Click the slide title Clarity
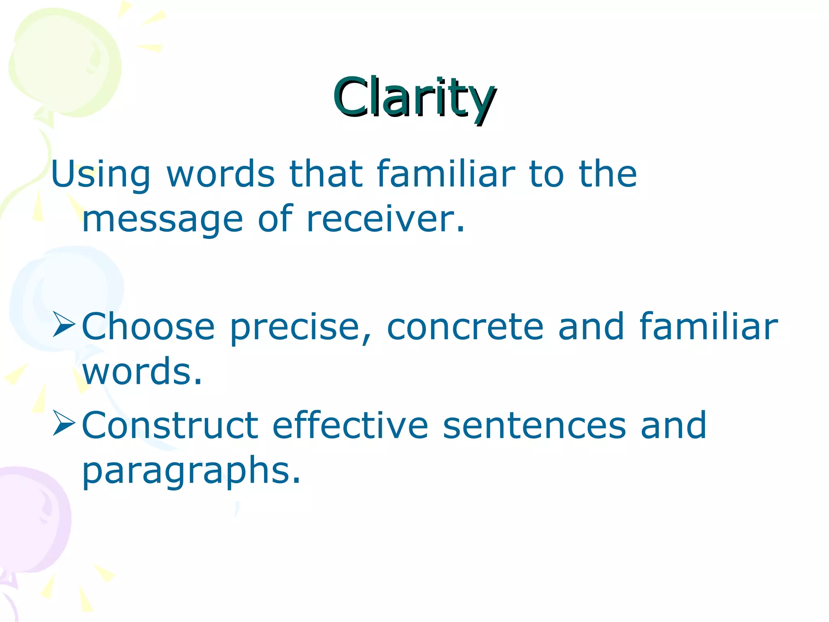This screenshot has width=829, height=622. click(x=414, y=98)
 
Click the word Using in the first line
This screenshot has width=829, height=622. click(x=100, y=175)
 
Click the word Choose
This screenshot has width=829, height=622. click(x=148, y=326)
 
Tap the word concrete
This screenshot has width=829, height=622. click(x=465, y=326)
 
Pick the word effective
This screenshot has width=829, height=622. click(x=350, y=425)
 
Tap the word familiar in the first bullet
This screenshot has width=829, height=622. click(x=708, y=326)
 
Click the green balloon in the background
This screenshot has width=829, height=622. click(x=65, y=61)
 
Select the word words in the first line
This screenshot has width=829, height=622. click(x=221, y=175)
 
